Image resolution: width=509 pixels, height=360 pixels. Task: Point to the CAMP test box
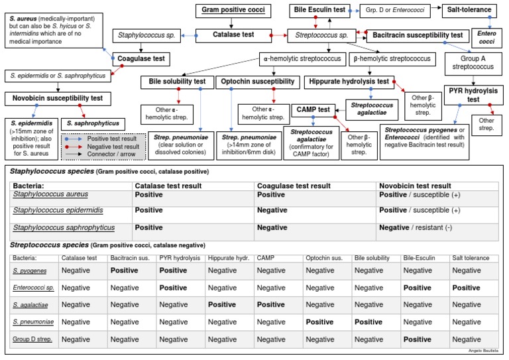point(313,109)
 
